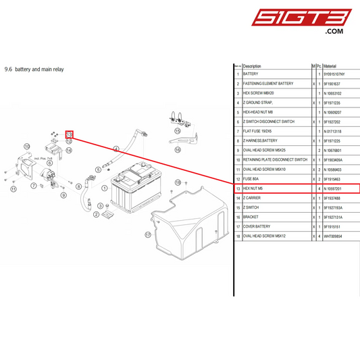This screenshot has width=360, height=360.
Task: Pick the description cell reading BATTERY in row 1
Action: click(251, 74)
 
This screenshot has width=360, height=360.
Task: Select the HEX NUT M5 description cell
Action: click(255, 188)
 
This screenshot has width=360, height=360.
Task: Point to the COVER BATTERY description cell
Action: click(257, 227)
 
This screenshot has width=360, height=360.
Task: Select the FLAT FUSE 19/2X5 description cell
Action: click(257, 131)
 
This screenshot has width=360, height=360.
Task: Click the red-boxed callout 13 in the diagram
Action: click(69, 134)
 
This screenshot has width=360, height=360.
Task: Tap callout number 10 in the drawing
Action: click(27, 146)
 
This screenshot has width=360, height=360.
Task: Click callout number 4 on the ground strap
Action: click(116, 149)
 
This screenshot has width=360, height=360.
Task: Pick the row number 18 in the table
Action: click(237, 236)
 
